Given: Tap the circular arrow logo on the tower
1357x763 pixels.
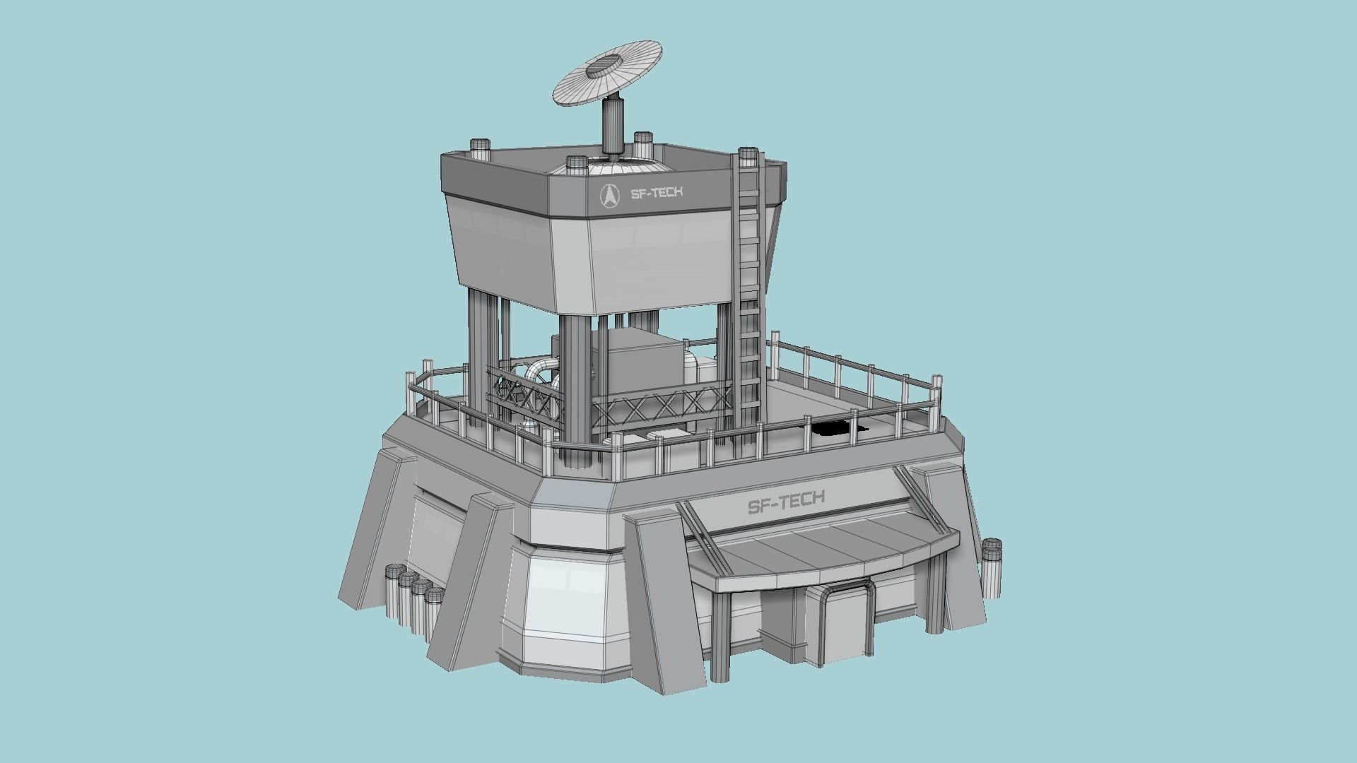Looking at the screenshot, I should [x=609, y=195].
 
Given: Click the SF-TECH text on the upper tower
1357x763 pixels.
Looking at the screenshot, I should [x=657, y=192].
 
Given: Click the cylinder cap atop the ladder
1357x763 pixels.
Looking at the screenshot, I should [x=748, y=153].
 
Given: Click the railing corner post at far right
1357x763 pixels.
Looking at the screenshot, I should [x=936, y=403].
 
